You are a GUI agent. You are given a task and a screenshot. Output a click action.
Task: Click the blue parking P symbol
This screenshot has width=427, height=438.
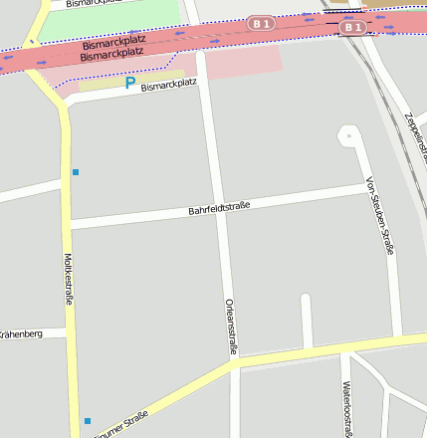(x=129, y=85)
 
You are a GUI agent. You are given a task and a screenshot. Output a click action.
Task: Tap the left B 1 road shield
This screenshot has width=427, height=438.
(x=261, y=23)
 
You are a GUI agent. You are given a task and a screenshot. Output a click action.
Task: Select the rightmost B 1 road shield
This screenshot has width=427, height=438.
(x=351, y=27)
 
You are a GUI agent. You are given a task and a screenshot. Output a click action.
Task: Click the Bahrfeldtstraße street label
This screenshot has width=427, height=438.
(x=219, y=208)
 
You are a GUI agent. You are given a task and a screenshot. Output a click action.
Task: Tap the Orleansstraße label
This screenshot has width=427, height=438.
(x=231, y=326)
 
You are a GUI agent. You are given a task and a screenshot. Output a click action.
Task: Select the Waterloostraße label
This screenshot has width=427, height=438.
(x=347, y=409)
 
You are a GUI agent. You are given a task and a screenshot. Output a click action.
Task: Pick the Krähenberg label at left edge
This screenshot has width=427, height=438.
(x=20, y=334)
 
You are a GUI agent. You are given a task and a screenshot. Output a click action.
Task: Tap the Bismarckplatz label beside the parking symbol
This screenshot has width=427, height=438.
(x=169, y=87)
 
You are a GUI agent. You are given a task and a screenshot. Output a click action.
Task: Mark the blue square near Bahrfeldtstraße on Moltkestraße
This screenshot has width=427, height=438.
(x=75, y=172)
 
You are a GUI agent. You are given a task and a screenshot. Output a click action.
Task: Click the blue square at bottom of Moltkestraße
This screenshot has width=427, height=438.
(x=87, y=421)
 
